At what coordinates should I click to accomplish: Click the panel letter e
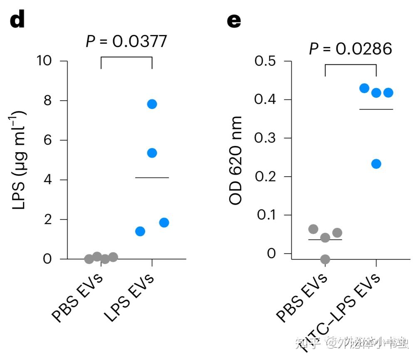[x=234, y=20]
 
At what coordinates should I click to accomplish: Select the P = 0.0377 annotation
[x=126, y=41]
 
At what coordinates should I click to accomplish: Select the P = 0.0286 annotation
[x=350, y=49]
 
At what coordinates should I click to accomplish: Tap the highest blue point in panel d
[x=152, y=104]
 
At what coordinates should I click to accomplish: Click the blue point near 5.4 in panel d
[x=152, y=153]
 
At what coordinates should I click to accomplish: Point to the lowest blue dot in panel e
[x=376, y=164]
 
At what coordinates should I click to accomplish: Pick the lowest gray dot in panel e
[x=325, y=259]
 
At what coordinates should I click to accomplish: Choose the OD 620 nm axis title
[x=236, y=160]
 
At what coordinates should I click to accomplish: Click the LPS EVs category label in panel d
[x=130, y=297]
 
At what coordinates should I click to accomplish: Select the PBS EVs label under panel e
[x=302, y=297]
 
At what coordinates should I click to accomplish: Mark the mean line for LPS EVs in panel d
[x=152, y=178]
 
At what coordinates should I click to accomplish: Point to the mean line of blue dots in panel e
[x=376, y=109]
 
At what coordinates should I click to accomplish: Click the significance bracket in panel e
[x=350, y=65]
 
